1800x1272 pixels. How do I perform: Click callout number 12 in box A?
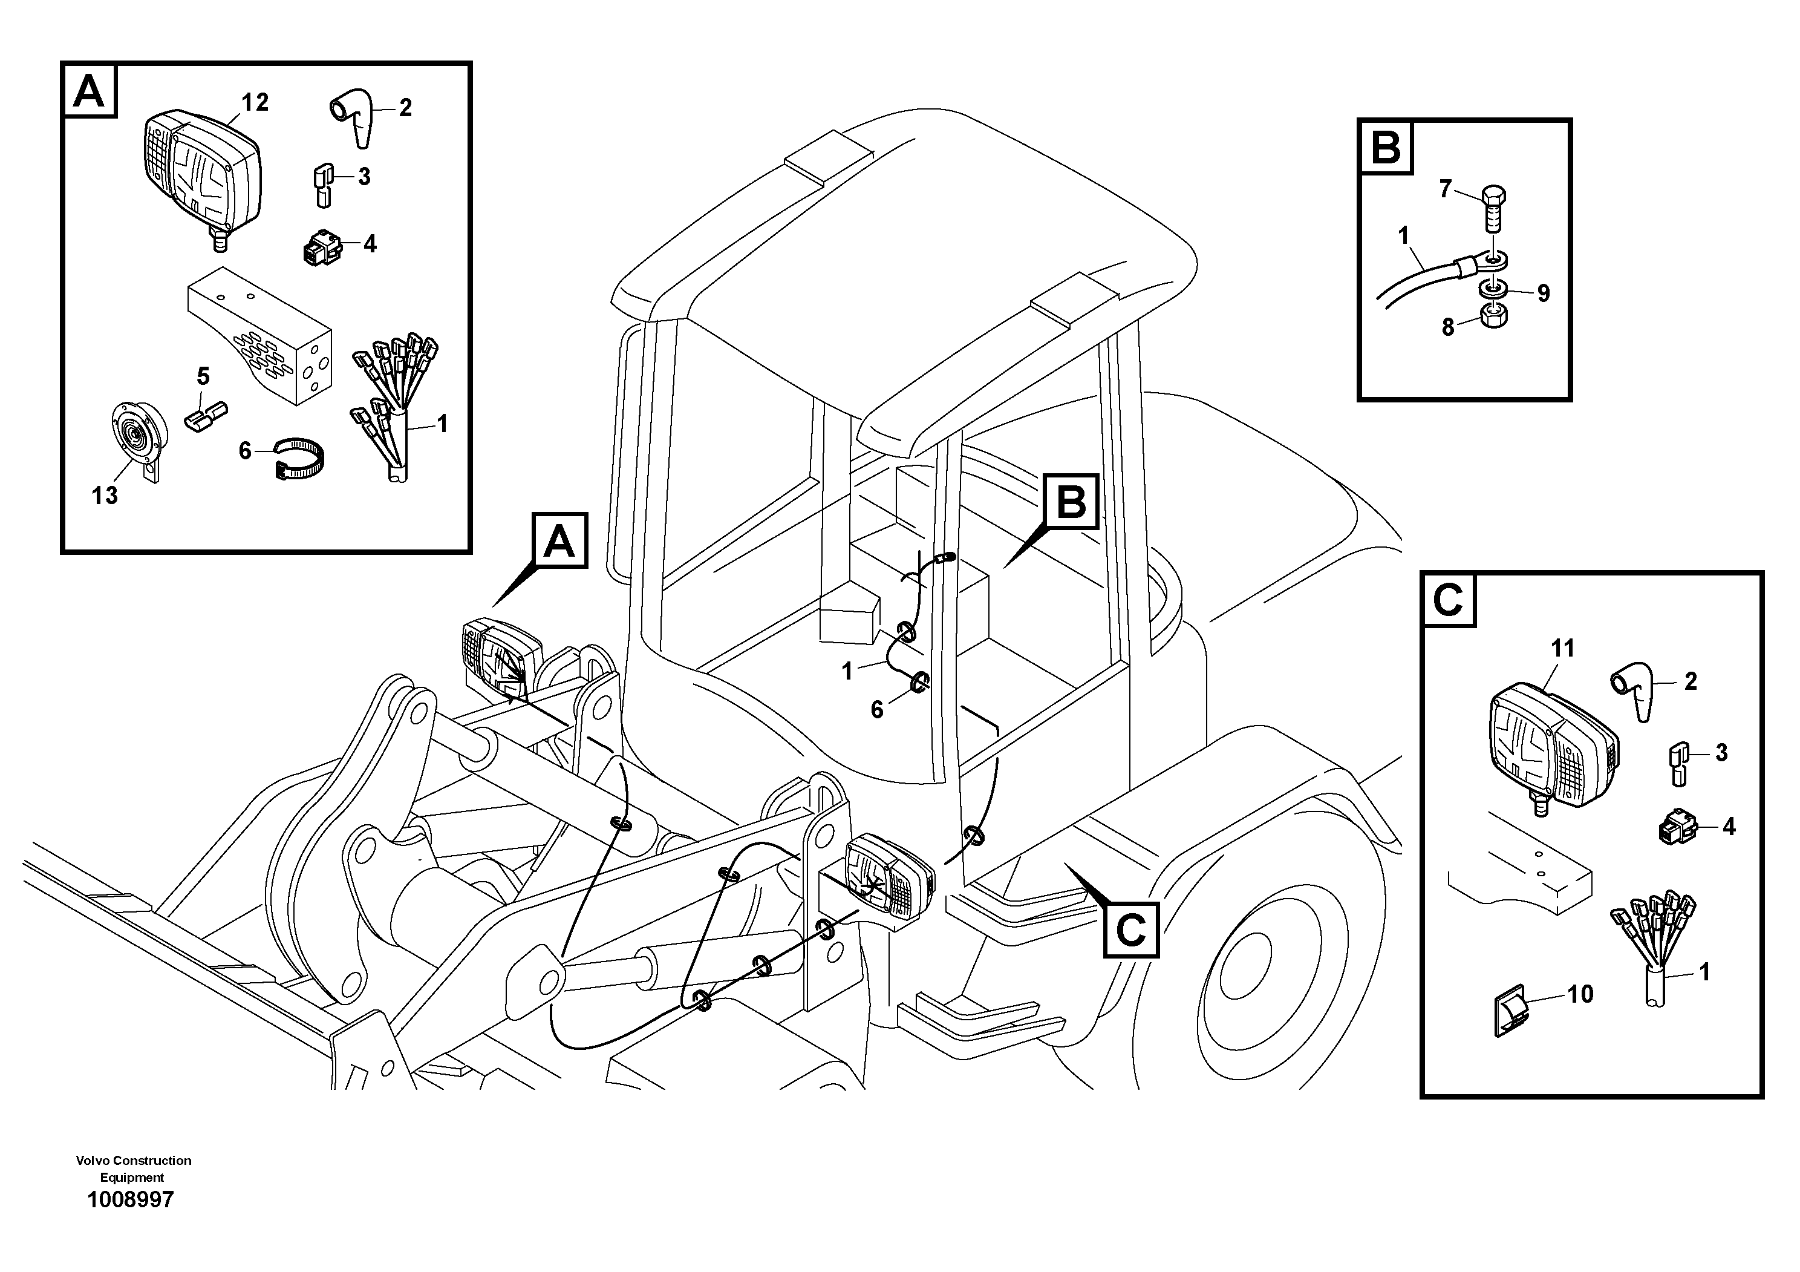click(x=255, y=103)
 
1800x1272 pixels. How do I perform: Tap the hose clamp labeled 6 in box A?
click(x=300, y=458)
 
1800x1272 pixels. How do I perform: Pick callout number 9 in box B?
click(x=1543, y=293)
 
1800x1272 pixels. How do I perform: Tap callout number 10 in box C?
click(x=1580, y=994)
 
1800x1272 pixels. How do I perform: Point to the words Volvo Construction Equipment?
click(x=133, y=1168)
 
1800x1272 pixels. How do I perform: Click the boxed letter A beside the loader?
click(x=559, y=541)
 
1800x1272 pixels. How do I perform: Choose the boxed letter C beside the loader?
click(x=1130, y=930)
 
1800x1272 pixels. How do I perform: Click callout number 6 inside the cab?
click(x=876, y=710)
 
